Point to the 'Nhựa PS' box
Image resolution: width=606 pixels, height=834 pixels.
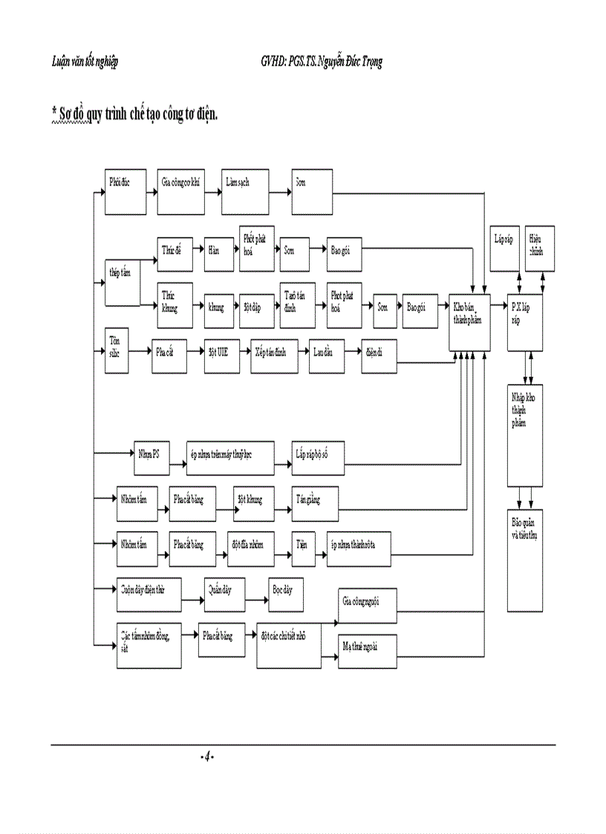[x=151, y=458]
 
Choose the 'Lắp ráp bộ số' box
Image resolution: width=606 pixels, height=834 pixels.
[x=318, y=458]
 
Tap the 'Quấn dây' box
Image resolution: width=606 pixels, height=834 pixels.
[x=224, y=594]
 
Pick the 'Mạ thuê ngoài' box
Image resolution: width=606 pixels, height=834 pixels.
[x=367, y=651]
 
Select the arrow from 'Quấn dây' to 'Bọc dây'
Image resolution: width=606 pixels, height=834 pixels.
[x=256, y=597]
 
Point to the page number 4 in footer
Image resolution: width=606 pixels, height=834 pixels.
[x=207, y=756]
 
